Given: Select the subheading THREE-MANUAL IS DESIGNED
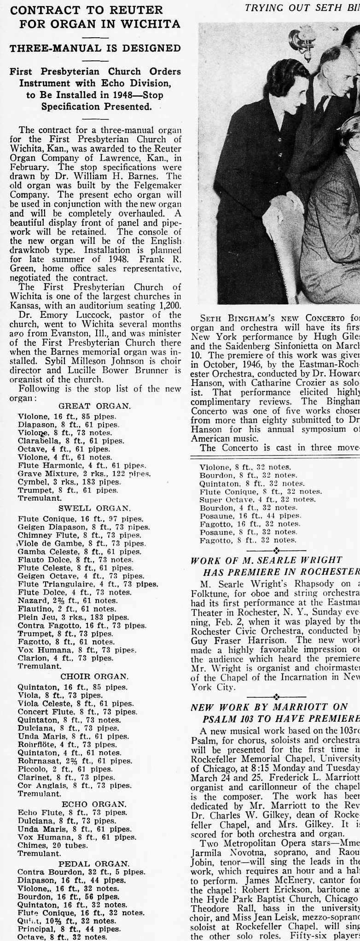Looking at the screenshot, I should tap(95, 48).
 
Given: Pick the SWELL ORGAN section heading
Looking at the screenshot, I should tap(95, 508).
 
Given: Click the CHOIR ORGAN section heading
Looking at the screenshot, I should tap(95, 677).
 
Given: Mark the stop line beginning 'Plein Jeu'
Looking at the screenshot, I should tap(66, 618).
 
